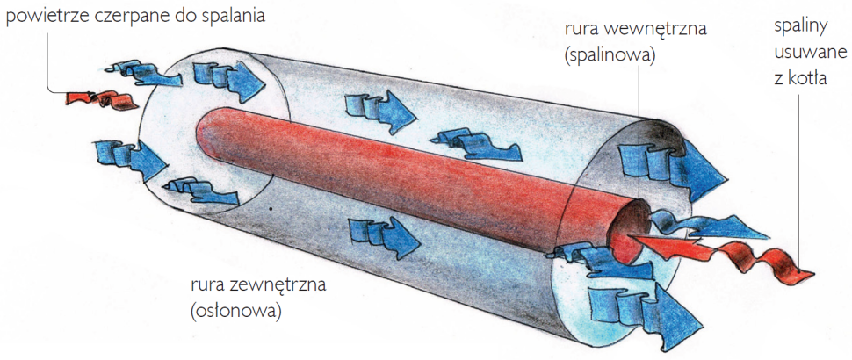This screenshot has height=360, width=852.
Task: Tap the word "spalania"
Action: point(230,16)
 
